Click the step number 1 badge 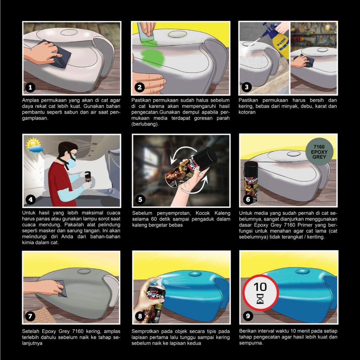pos(30,88)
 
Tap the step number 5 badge pos(140,200)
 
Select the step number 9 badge pos(248,316)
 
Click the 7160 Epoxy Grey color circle pos(319,152)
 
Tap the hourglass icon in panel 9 pos(260,299)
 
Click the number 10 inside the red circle pos(260,287)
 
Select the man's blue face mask pos(71,162)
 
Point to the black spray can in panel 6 pos(251,182)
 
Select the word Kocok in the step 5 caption pos(202,213)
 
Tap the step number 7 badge pos(30,316)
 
